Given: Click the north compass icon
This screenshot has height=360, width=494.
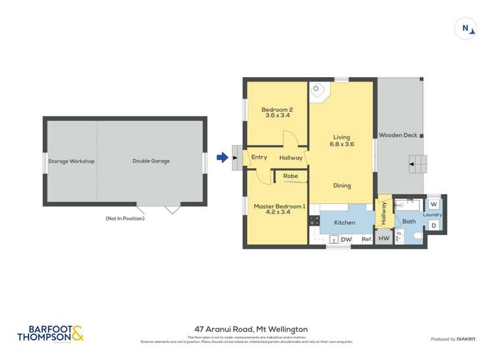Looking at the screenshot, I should click(465, 28).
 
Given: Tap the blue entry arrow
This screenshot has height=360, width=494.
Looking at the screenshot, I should click(223, 157).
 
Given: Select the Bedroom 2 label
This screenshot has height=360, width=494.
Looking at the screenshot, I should click(277, 109).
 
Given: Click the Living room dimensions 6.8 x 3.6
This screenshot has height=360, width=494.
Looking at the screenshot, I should click(342, 144).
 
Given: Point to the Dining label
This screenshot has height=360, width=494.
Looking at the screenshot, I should click(342, 186).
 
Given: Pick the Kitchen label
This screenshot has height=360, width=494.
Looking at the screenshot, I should click(344, 223).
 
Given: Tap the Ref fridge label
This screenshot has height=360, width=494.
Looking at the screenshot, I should click(366, 240).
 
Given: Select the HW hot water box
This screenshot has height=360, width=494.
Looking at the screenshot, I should click(384, 239).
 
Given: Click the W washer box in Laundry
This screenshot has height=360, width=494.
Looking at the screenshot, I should click(434, 205).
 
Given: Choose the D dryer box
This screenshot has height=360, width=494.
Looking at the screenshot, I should click(433, 226).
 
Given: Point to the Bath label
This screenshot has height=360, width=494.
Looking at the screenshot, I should click(410, 222).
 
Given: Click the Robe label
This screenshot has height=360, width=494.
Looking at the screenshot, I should click(290, 176).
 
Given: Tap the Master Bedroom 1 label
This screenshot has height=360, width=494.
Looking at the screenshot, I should click(280, 207).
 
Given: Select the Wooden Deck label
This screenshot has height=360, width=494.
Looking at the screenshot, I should click(398, 136).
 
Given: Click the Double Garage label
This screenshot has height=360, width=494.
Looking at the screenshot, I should click(151, 161).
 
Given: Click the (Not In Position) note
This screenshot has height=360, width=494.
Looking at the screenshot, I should click(124, 218).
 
